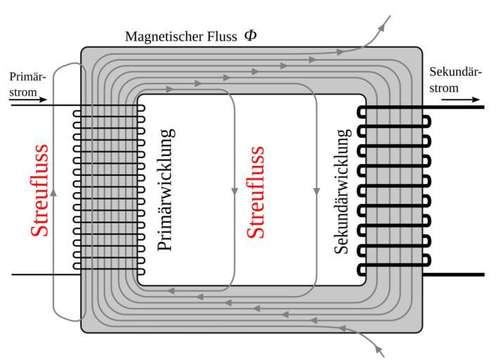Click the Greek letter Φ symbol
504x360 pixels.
pyautogui.click(x=250, y=34)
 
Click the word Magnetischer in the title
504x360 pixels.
pyautogui.click(x=157, y=36)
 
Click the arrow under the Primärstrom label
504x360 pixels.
pyautogui.click(x=29, y=100)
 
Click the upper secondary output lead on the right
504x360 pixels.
pyautogui.click(x=457, y=108)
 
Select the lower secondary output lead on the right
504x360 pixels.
pyautogui.click(x=457, y=274)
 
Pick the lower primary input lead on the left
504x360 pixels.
pyautogui.click(x=42, y=274)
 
